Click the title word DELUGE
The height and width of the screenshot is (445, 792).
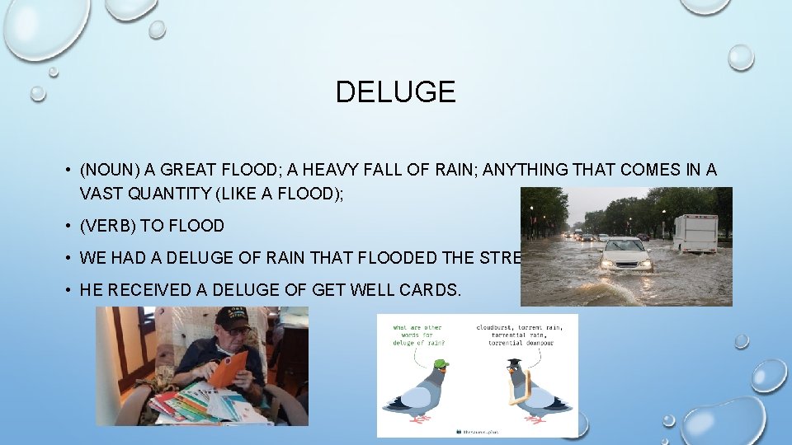point(395,91)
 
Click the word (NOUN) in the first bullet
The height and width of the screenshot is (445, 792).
point(110,171)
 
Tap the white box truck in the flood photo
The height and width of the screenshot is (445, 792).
point(695,232)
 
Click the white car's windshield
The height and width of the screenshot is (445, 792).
point(625,246)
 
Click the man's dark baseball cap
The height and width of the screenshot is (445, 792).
point(233,317)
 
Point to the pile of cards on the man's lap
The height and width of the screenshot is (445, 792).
point(202,403)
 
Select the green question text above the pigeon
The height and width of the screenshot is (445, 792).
point(421,335)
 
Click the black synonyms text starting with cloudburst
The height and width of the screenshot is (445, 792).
point(519,335)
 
